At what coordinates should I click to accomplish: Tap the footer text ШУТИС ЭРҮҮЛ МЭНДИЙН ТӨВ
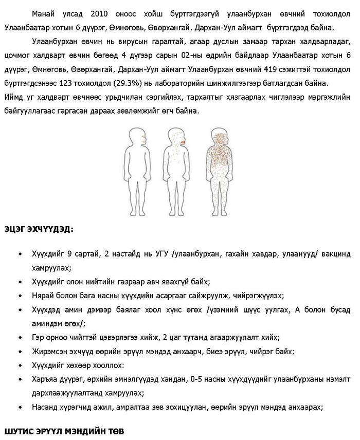coord(64,430)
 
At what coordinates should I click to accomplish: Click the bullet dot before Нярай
coord(20,296)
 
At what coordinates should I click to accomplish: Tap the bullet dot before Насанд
coord(20,407)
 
